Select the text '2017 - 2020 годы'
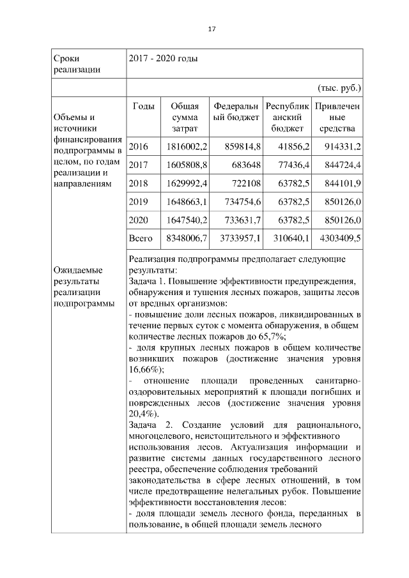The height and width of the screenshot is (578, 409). click(x=163, y=59)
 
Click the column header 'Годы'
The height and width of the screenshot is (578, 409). click(x=143, y=106)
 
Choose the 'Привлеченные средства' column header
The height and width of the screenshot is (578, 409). click(x=336, y=118)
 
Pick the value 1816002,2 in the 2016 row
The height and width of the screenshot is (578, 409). click(x=187, y=147)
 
